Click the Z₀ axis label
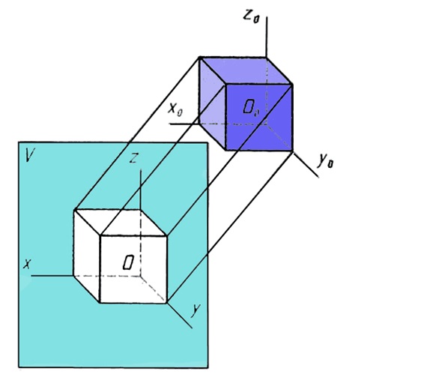[252, 16]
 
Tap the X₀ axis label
[175, 109]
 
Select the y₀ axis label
[325, 161]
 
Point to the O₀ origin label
[251, 108]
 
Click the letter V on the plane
[30, 155]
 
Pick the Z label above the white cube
[134, 158]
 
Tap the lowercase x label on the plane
[27, 264]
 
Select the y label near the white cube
[196, 310]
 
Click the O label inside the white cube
[128, 262]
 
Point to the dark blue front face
[258, 117]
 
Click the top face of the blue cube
[246, 71]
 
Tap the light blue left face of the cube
[212, 103]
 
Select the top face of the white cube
[120, 223]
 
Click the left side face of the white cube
[87, 256]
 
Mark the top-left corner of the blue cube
[200, 58]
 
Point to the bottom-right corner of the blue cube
[292, 151]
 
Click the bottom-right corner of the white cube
[166, 303]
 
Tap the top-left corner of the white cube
[74, 210]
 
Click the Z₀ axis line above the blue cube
[266, 37]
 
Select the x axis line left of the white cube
[52, 276]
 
